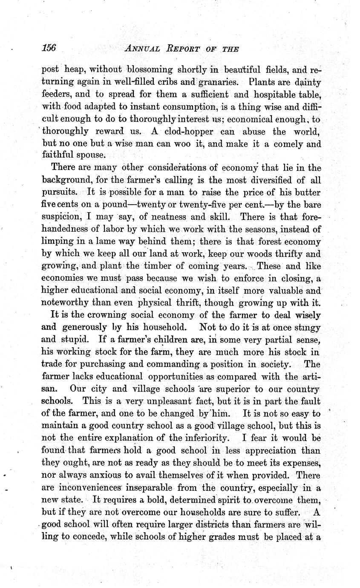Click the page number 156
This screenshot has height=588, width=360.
click(49, 48)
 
